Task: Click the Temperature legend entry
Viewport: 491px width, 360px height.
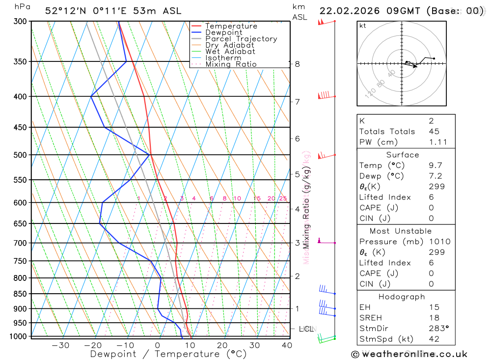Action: click(231, 26)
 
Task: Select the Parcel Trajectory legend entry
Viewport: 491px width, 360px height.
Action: click(241, 39)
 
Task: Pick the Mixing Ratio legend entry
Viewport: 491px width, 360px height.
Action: click(231, 64)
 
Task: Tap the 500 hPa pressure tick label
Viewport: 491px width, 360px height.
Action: click(20, 155)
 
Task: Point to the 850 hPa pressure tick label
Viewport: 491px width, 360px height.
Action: click(20, 294)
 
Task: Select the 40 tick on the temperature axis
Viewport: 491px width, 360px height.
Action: click(287, 345)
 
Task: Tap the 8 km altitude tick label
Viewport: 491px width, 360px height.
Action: click(298, 64)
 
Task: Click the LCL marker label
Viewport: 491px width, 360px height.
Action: click(306, 329)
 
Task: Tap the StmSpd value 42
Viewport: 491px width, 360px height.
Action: click(434, 339)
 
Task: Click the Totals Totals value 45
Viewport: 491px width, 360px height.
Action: click(434, 131)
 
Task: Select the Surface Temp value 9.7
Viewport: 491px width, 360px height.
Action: click(436, 166)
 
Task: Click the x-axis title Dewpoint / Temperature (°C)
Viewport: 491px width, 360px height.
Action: click(168, 354)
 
